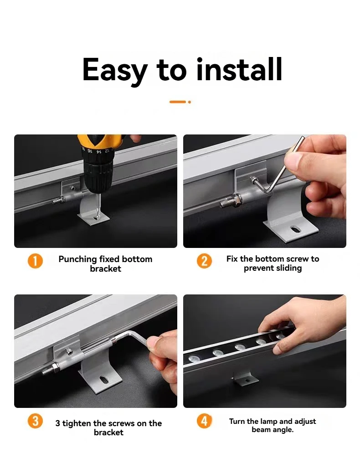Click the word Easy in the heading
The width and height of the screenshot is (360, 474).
coord(115,70)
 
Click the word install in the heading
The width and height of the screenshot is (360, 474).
coord(239,69)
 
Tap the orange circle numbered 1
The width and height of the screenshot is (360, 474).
coord(36,261)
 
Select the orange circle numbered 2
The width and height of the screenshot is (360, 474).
coord(204,261)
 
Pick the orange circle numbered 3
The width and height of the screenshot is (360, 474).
coord(36,421)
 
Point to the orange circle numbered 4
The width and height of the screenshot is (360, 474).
coord(204,421)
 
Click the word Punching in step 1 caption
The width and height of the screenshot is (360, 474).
coord(77,259)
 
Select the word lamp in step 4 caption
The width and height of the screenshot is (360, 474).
coord(270,422)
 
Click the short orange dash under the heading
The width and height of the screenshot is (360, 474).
coord(178,102)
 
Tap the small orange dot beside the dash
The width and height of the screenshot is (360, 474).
coord(190,102)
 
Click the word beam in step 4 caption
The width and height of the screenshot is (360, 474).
coord(261,429)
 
